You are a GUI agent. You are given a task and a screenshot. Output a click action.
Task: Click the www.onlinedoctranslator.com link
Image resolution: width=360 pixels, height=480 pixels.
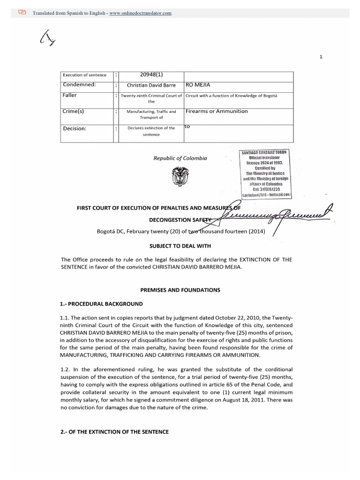click(x=140, y=13)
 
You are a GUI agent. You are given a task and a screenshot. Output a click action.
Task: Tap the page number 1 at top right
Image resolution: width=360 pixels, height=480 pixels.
click(x=321, y=57)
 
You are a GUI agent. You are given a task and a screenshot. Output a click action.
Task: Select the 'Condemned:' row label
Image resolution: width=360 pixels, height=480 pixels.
click(x=79, y=85)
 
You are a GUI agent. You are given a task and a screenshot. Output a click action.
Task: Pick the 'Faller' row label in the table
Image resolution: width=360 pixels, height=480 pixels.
click(x=70, y=95)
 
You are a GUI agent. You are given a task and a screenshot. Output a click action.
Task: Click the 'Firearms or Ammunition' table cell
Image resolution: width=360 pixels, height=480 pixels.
click(x=217, y=112)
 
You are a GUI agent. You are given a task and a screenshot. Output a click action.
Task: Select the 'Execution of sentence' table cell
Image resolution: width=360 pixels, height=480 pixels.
click(x=85, y=75)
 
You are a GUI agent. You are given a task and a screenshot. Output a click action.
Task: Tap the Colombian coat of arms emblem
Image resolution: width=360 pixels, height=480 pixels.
click(x=180, y=177)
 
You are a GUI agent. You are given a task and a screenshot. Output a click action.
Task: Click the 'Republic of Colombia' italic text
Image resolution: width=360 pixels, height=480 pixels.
click(x=180, y=158)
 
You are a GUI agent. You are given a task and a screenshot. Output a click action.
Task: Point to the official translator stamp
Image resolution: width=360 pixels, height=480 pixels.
click(x=266, y=173)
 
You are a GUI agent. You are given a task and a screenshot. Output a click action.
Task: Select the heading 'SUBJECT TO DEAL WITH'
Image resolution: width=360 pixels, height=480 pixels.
click(x=180, y=246)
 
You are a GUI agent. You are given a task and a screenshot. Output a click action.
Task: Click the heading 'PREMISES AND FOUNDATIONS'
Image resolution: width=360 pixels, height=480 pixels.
click(x=180, y=290)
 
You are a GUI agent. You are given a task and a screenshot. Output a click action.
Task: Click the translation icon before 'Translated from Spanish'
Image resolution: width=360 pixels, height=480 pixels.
click(x=22, y=13)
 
